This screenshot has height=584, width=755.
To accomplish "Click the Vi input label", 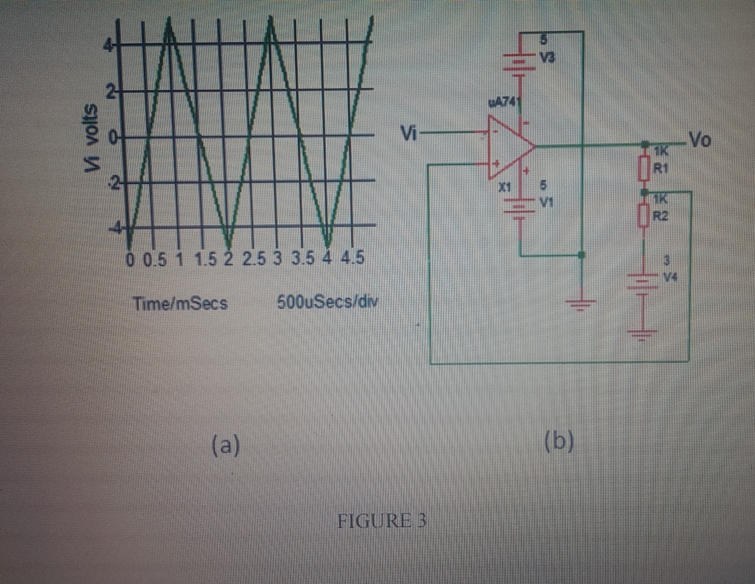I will coord(409,134).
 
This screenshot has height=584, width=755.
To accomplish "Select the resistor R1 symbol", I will coord(644,168).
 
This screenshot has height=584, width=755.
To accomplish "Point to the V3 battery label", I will coord(548,58).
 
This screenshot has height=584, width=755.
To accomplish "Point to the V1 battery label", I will coord(546,202).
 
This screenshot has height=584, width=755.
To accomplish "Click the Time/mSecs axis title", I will coord(180,304).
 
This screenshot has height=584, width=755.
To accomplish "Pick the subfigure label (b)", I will coord(559,442).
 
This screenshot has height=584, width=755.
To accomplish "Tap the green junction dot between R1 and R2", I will coord(644,192).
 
